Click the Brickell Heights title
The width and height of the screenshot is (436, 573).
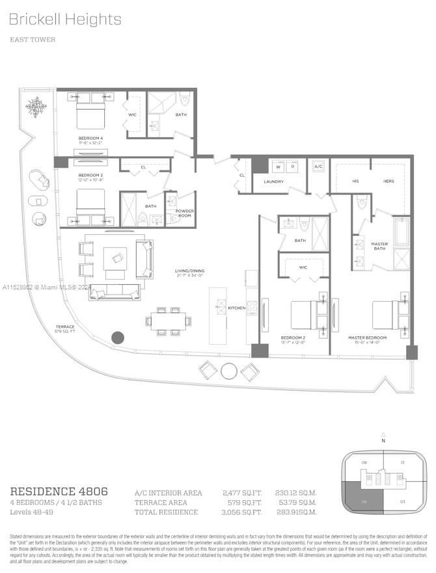tap(65, 20)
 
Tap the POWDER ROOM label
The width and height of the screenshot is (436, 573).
tap(185, 213)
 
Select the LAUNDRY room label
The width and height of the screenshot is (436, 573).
tap(273, 181)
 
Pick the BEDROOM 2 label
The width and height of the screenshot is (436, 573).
tap(293, 338)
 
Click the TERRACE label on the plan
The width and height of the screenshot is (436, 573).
tap(65, 326)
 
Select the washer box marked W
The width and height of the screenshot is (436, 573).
tap(277, 167)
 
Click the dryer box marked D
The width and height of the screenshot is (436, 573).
tap(292, 167)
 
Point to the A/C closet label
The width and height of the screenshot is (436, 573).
tap(318, 167)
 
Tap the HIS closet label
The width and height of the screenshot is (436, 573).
tap(355, 181)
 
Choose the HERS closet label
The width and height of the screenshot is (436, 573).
tap(388, 181)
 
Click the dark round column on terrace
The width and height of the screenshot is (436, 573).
tap(118, 338)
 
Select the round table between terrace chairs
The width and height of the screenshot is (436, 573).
tap(229, 371)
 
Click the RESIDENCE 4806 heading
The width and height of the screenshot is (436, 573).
tap(59, 491)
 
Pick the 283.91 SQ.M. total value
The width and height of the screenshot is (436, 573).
tap(295, 512)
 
